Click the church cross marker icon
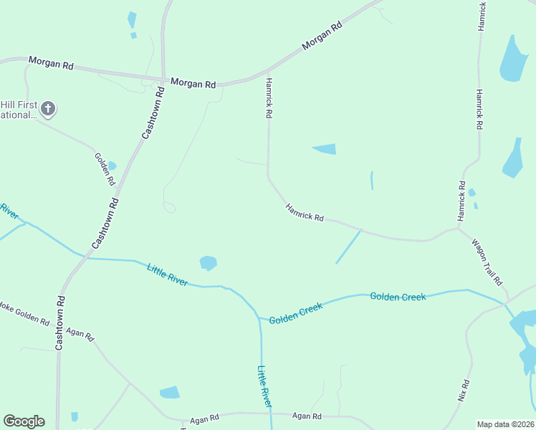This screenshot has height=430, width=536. click(48, 109)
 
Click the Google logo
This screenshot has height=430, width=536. click(24, 421)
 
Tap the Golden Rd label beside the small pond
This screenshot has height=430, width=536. click(105, 169)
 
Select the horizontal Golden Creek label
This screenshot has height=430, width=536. click(398, 296)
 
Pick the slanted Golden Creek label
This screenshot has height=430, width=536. click(296, 313)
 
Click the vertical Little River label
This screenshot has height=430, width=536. click(264, 387)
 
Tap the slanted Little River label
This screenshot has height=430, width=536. click(167, 275)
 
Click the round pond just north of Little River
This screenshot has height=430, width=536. click(208, 263)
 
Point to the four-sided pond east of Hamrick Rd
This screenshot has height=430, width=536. click(325, 149)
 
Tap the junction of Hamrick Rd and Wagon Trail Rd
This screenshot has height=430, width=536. click(459, 229)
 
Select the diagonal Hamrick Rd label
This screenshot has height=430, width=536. click(305, 212)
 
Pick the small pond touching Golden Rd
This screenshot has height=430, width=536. click(111, 166)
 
